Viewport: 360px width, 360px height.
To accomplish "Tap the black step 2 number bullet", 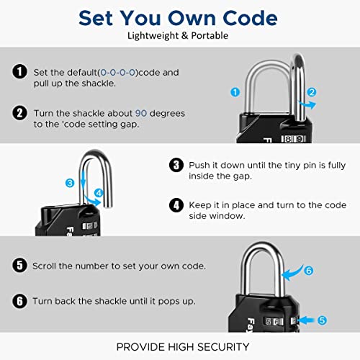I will [19, 113].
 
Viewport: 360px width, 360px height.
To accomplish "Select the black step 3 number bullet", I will [175, 165].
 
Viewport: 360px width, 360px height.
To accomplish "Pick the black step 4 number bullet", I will [175, 205].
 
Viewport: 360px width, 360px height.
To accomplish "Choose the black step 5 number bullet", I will [19, 266].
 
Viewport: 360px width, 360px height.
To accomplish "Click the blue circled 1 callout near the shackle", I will [234, 92].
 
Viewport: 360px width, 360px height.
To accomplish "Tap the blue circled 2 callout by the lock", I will [312, 92].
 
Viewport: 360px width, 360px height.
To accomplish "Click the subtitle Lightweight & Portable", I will [180, 35].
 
